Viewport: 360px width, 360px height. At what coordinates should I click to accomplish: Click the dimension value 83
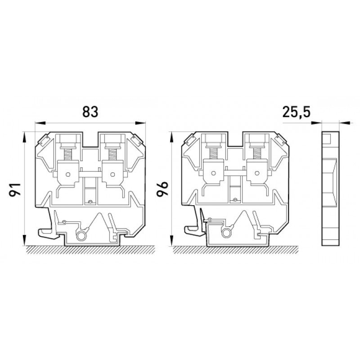coord(90,112)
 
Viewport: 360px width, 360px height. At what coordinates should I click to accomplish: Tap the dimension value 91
coord(15,189)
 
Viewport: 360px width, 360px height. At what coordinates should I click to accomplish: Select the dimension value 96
coord(162,189)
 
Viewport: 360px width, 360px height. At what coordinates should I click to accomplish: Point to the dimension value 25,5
coord(296,112)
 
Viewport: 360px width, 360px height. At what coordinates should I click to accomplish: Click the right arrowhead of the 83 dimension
coord(140,123)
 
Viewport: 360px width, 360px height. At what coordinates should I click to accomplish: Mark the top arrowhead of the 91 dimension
coord(24,137)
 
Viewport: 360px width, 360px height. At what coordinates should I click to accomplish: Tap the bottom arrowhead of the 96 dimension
coord(171,241)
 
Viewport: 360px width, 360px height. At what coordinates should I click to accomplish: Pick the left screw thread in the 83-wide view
coord(67,154)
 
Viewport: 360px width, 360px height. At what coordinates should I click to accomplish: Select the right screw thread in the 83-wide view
coord(112,154)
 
